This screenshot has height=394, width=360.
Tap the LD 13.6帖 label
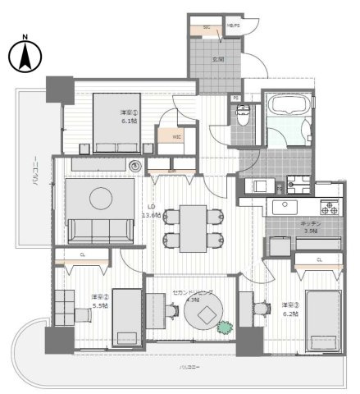151,210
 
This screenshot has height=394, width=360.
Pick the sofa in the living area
100,231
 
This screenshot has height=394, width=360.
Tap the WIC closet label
175,137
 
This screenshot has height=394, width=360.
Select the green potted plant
225,327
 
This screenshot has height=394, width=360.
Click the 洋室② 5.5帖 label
98,300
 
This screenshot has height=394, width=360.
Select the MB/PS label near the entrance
232,27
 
